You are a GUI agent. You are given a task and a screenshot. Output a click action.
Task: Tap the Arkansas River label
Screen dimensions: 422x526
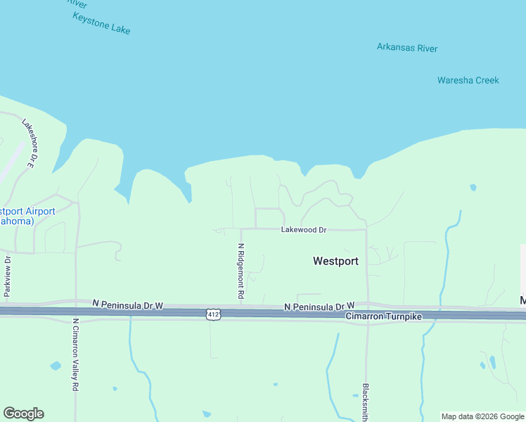[x=407, y=48]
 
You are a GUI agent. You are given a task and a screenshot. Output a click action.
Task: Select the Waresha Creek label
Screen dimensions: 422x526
[x=468, y=80]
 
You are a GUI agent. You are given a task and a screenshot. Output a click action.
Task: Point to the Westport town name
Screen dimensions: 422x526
[x=335, y=261]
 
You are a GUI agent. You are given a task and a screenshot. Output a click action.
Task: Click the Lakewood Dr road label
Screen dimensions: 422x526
[x=304, y=230]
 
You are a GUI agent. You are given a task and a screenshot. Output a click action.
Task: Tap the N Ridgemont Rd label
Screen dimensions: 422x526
[x=240, y=271]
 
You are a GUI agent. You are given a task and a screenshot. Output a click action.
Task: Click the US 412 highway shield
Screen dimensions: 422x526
[x=214, y=314]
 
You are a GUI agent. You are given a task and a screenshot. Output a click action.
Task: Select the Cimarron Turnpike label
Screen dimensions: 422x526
[x=383, y=317]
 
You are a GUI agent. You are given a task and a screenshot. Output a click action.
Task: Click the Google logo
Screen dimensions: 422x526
[x=23, y=414]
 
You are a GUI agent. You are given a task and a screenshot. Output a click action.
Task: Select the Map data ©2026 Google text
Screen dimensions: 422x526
[x=482, y=416]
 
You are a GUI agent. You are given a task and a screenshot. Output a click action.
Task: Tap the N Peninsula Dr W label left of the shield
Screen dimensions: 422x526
[x=127, y=304]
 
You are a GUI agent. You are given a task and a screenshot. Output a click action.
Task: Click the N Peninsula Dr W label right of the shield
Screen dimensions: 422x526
[x=319, y=307]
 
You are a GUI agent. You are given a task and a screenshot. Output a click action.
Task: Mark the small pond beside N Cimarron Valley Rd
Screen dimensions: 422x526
[x=56, y=366]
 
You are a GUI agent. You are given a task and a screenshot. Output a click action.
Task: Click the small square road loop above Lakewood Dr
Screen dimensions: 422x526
[x=267, y=218]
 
